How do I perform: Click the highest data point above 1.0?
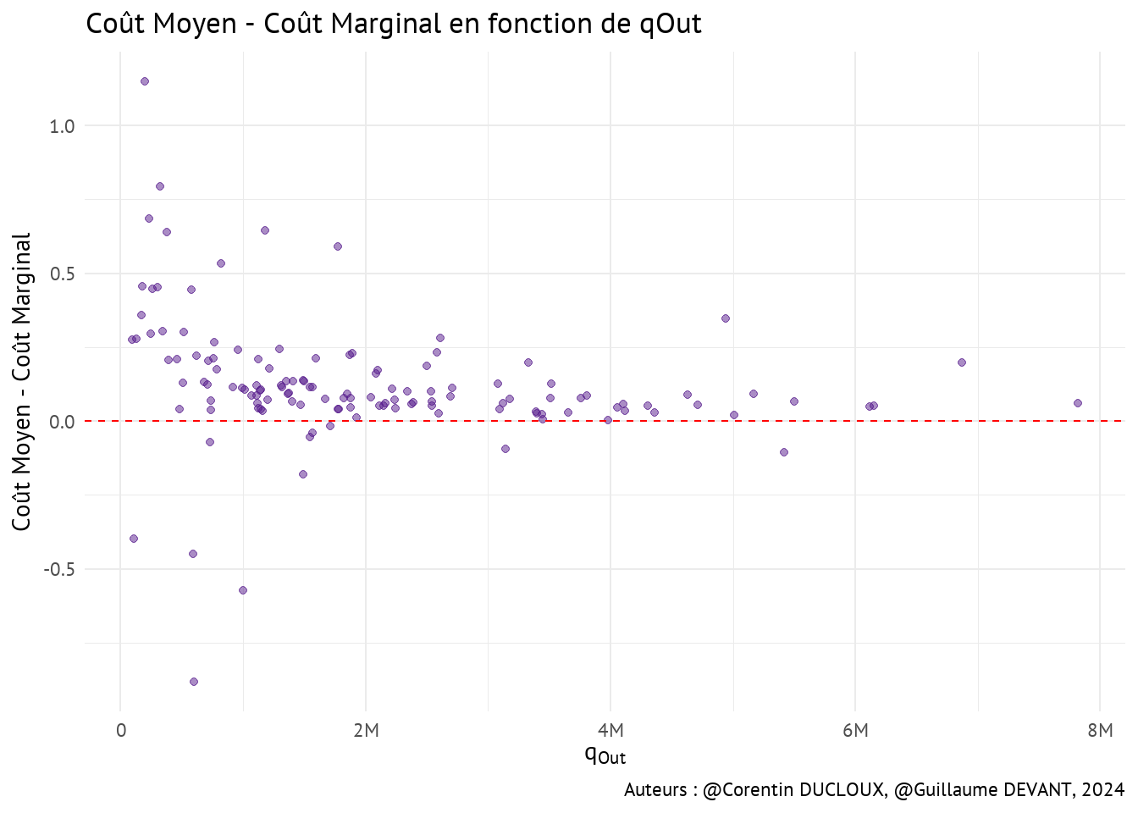(145, 81)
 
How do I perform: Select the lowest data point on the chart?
(194, 682)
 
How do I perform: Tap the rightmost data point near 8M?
(1078, 403)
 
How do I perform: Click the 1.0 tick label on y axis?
(62, 126)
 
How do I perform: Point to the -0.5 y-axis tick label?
(59, 570)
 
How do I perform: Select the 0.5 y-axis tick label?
(62, 274)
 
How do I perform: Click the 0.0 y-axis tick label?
(62, 422)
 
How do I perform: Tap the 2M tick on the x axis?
(366, 731)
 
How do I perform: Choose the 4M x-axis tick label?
(610, 731)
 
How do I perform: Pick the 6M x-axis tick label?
(855, 731)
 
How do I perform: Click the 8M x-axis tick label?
(1100, 731)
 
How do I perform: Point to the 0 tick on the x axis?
(121, 731)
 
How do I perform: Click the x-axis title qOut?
(605, 754)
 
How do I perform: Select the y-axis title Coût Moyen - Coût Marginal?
(22, 381)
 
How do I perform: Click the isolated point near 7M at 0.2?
(962, 362)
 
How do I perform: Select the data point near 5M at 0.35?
(726, 318)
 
